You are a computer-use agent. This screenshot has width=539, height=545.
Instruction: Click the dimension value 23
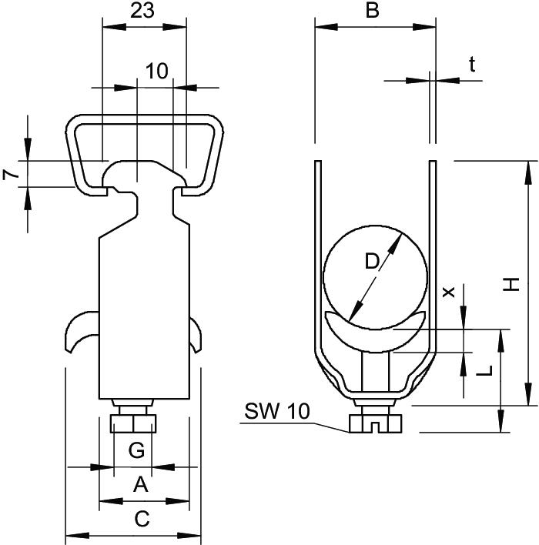pyautogui.click(x=144, y=11)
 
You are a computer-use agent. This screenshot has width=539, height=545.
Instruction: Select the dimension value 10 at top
pyautogui.click(x=156, y=71)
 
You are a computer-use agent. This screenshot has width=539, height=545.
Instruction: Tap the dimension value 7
pyautogui.click(x=10, y=175)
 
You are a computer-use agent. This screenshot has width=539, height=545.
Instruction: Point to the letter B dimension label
pyautogui.click(x=373, y=11)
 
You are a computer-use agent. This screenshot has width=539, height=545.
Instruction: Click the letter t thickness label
pyautogui.click(x=471, y=65)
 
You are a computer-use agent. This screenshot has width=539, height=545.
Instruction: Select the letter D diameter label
pyautogui.click(x=371, y=262)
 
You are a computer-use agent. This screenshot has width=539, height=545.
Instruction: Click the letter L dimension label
pyautogui.click(x=484, y=371)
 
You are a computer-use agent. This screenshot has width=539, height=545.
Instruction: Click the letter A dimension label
pyautogui.click(x=140, y=484)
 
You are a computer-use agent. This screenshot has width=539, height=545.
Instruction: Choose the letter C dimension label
pyautogui.click(x=142, y=520)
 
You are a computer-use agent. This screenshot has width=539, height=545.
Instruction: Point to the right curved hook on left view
pyautogui.click(x=195, y=333)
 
